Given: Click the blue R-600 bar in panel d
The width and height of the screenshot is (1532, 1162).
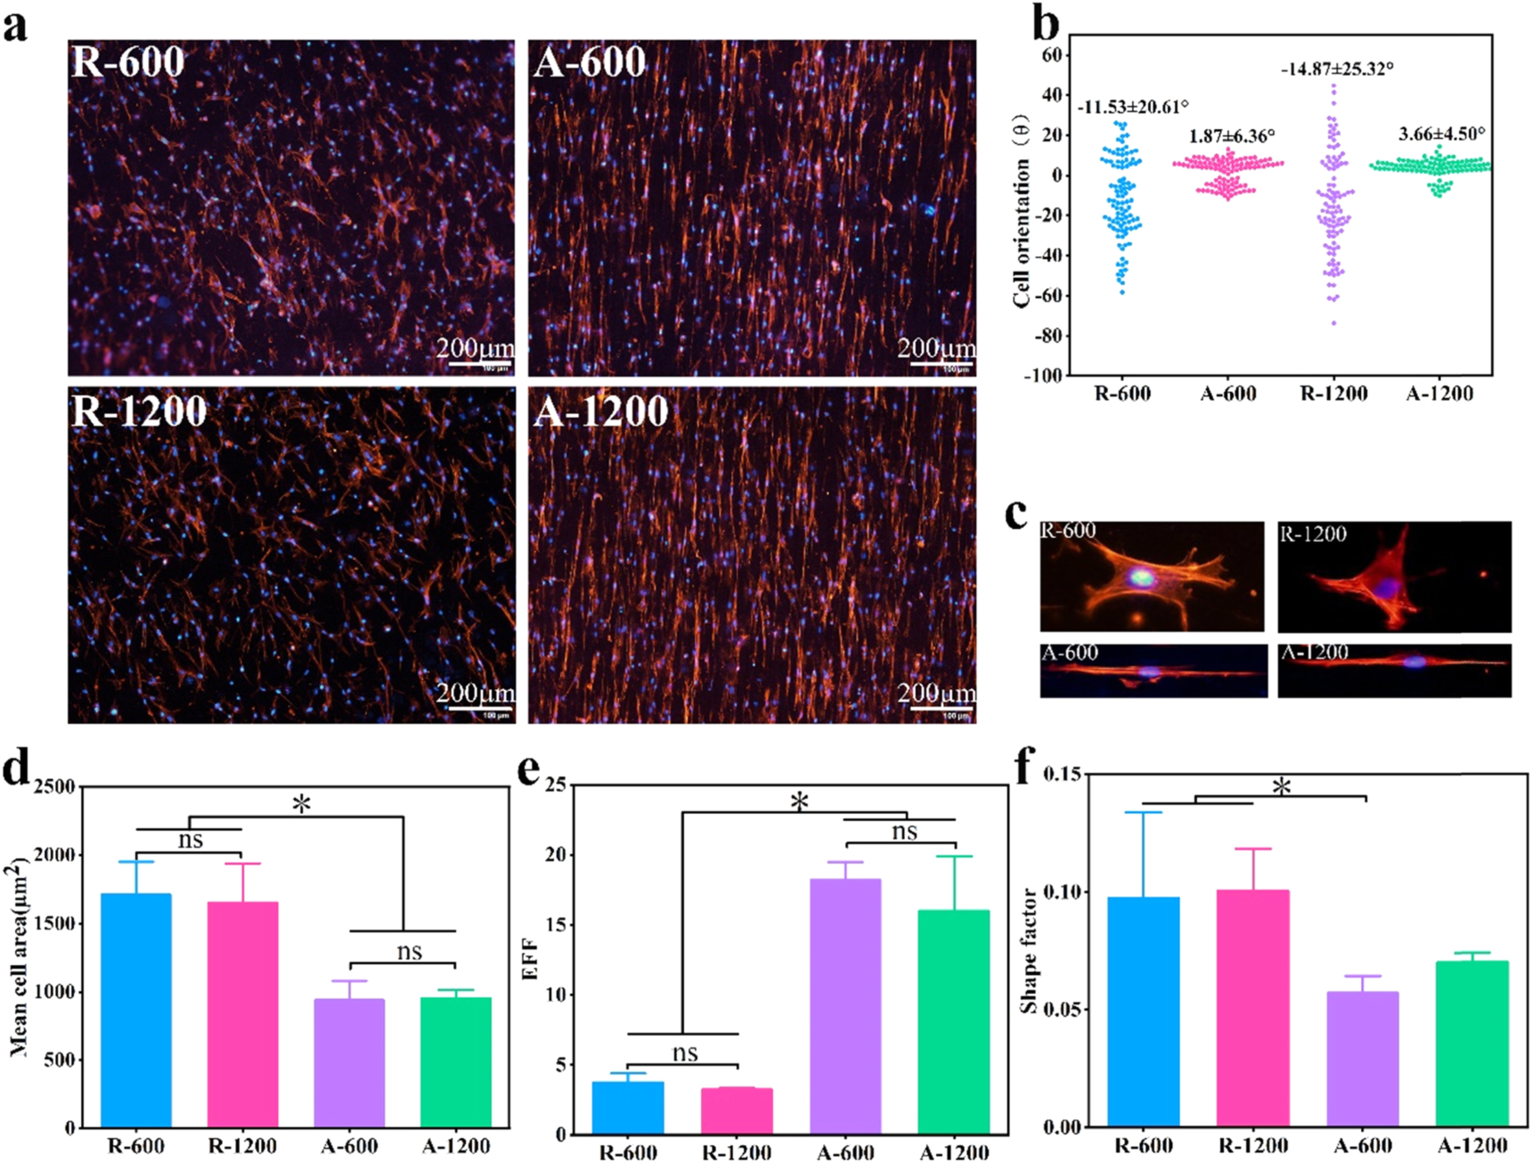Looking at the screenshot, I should (135, 1011).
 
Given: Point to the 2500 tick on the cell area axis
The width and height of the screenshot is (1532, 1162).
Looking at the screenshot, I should (53, 787).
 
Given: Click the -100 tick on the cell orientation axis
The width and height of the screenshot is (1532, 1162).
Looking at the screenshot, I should (1042, 376).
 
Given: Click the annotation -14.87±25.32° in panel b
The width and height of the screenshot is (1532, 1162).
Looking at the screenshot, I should (1336, 69).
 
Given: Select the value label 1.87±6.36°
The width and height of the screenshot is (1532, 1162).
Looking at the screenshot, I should (1232, 136).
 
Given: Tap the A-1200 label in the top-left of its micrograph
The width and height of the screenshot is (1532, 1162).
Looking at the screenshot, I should (600, 411).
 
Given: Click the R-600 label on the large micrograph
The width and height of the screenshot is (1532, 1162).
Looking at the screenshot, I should (127, 61).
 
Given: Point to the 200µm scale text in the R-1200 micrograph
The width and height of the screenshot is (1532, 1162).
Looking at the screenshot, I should (475, 692).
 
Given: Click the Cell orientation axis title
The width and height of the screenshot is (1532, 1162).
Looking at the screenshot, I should (1021, 211).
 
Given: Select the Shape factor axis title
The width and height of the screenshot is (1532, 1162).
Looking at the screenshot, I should (1029, 950).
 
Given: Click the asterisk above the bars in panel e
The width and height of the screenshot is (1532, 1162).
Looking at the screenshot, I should (799, 802).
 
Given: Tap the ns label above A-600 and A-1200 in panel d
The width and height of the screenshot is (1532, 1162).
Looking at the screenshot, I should (409, 951).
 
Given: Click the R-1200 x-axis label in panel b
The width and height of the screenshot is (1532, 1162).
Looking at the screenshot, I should (1333, 394).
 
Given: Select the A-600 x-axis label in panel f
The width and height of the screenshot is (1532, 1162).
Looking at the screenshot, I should (1362, 1145).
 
